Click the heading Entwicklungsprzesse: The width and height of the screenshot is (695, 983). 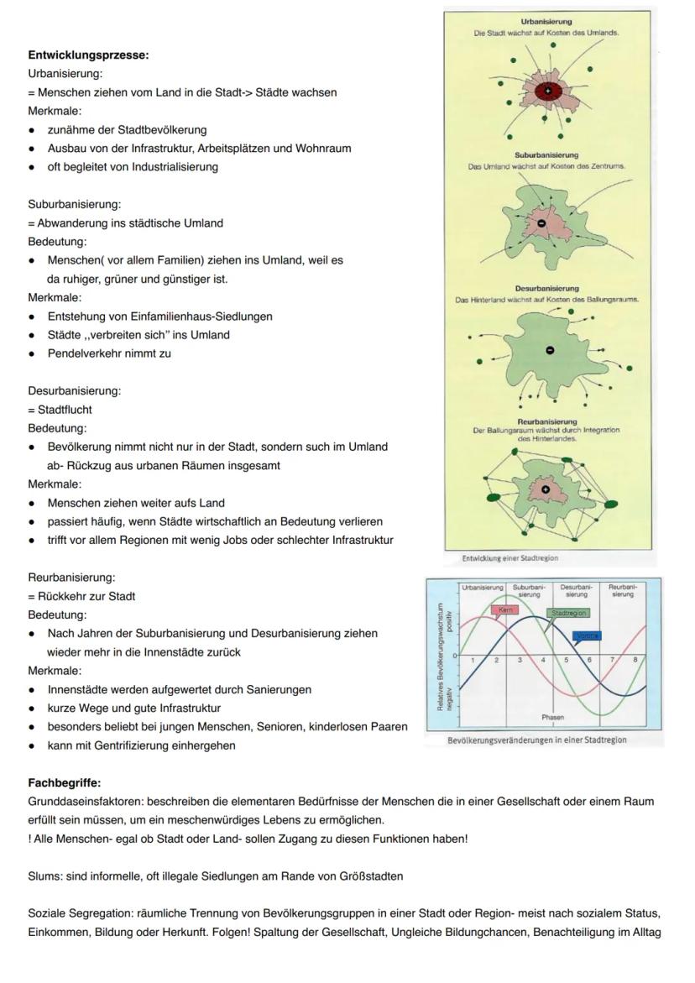click(x=88, y=55)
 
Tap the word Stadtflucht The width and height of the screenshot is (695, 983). click(x=65, y=410)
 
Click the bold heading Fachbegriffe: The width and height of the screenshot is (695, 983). click(x=65, y=783)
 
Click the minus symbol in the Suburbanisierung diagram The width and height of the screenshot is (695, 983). click(x=541, y=223)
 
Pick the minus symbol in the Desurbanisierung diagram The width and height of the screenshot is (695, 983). click(x=549, y=350)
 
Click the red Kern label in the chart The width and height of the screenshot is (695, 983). click(x=505, y=609)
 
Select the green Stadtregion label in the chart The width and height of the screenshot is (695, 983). click(x=568, y=614)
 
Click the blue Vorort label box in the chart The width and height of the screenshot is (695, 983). click(x=588, y=636)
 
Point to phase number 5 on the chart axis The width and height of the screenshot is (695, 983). click(x=567, y=661)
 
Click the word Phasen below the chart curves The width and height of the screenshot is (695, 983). click(x=553, y=718)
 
